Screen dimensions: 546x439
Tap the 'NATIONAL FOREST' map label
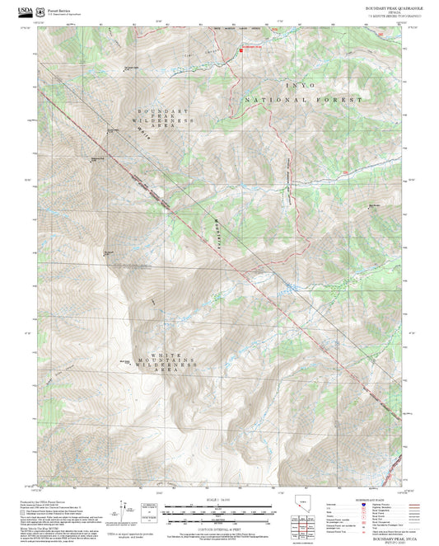pyautogui.click(x=303, y=100)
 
